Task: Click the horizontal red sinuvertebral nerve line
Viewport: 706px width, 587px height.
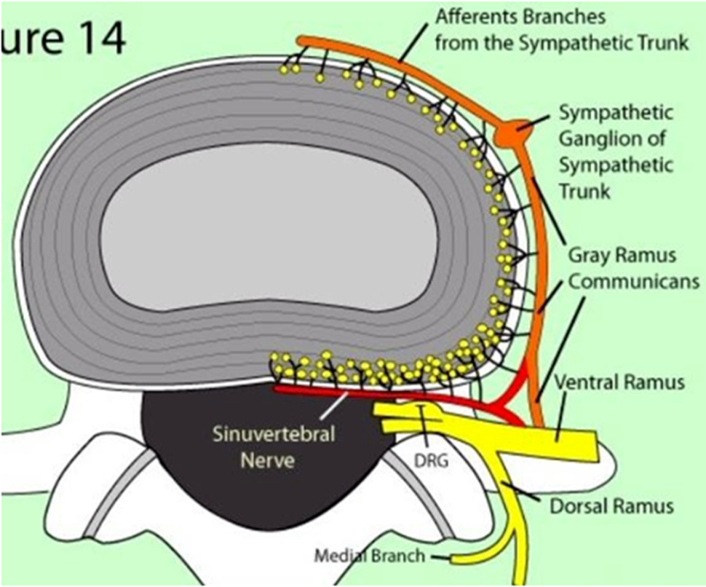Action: click(x=380, y=394)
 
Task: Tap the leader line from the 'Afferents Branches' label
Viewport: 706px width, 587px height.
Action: click(x=418, y=46)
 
